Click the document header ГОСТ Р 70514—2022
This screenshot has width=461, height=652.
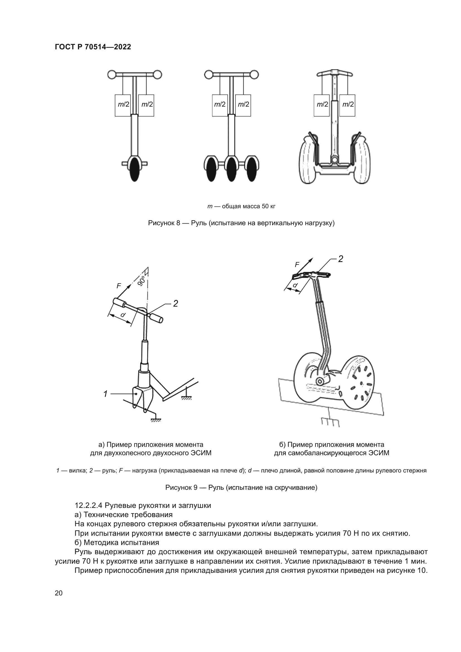point(93,47)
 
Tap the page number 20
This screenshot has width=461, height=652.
point(59,593)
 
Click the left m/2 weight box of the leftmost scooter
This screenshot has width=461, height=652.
point(123,105)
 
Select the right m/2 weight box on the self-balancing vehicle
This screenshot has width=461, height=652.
point(347,105)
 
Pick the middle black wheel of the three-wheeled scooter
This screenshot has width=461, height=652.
point(231,169)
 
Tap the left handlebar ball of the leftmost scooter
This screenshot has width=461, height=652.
point(111,75)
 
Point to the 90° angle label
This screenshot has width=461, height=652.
point(142,281)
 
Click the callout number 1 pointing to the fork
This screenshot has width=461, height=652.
point(105,394)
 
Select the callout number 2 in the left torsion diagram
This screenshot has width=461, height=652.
point(175,304)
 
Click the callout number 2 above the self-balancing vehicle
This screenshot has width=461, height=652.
point(341,259)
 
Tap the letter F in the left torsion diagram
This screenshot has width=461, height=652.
point(119,286)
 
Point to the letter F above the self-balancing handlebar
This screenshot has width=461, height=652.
point(297,265)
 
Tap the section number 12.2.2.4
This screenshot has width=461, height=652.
point(89,505)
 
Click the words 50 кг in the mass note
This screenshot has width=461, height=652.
point(268,206)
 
